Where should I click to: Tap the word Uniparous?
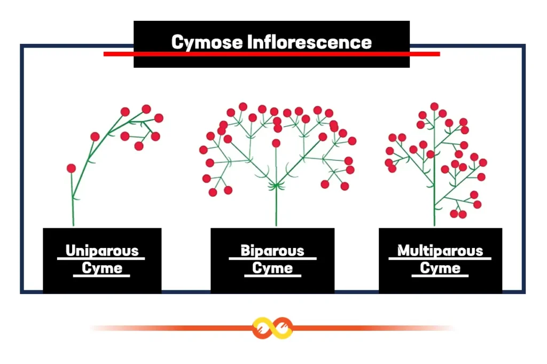(101, 251)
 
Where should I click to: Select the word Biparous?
(272, 251)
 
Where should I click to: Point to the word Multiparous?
(440, 251)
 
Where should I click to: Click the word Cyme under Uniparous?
(101, 268)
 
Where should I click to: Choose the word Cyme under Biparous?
(272, 268)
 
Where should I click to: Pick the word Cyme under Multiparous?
(440, 268)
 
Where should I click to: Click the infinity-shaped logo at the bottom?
(273, 328)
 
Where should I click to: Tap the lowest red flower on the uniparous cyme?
(71, 168)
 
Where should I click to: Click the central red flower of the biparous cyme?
(276, 143)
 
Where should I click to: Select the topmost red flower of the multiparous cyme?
(434, 106)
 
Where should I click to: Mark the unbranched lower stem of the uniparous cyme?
(72, 211)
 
